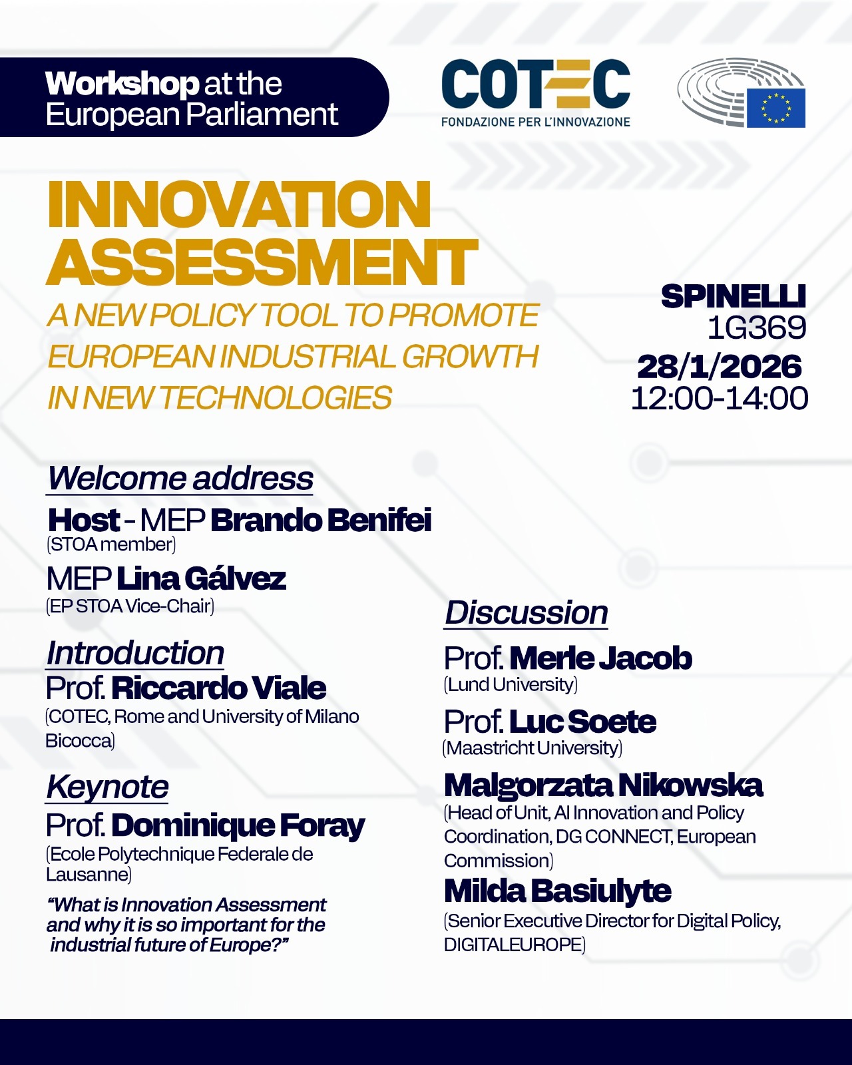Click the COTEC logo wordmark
[536, 84]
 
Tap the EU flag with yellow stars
[775, 108]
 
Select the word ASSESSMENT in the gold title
[262, 262]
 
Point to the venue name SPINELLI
[734, 296]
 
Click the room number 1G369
[757, 327]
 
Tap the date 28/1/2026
[720, 367]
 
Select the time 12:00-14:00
[720, 399]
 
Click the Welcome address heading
[180, 479]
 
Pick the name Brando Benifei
[321, 520]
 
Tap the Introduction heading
[134, 653]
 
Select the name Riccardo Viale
[219, 688]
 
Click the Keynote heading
[107, 787]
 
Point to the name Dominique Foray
[238, 825]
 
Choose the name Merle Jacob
[600, 658]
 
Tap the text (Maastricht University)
[532, 747]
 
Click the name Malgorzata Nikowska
[604, 785]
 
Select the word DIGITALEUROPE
[513, 945]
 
